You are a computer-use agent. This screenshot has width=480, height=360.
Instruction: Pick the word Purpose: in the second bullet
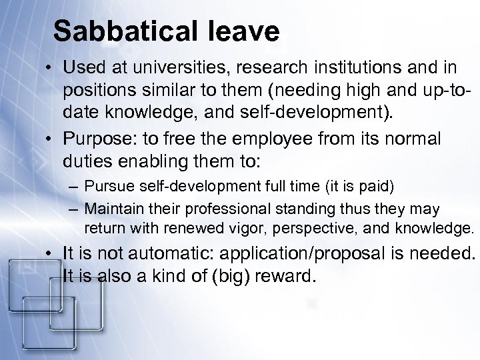93,140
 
